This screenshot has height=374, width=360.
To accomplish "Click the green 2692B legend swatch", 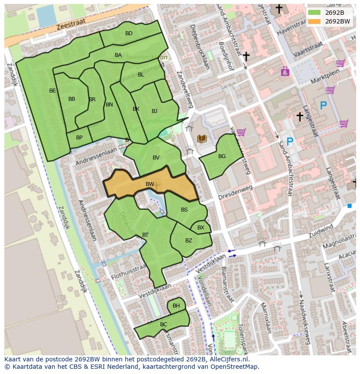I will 314,12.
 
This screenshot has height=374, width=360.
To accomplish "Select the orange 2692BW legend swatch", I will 314,21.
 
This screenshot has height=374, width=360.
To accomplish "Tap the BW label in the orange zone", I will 150,184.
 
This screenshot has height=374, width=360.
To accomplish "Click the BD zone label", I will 129,33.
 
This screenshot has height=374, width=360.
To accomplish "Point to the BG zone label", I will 222,156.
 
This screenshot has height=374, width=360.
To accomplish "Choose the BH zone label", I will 176,306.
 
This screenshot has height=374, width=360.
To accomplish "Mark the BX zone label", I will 201,228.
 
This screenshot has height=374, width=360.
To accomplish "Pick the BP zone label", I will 79,138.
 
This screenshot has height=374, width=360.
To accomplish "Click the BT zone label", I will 145,235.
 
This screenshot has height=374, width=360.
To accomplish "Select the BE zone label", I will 53,91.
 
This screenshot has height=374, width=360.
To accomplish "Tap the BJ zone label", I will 154,111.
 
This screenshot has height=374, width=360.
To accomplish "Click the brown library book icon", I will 202,139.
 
